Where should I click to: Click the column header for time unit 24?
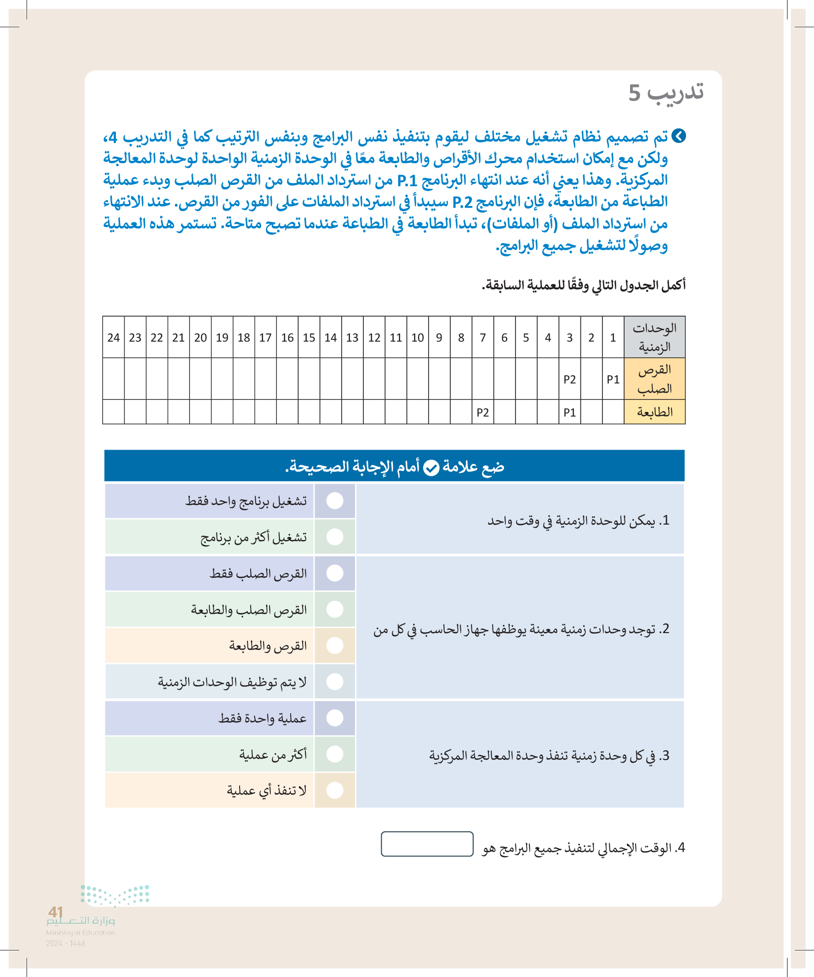point(113,337)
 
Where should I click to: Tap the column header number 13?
point(352,337)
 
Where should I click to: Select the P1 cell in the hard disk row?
point(613,379)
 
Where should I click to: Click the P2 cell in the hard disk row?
point(570,379)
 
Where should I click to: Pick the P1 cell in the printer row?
point(570,412)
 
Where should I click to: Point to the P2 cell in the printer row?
point(482,412)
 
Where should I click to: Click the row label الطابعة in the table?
point(654,412)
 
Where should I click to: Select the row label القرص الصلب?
point(654,379)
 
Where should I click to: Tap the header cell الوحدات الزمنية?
point(654,337)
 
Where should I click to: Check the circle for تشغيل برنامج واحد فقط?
point(335,501)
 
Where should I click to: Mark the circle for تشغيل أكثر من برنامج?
point(335,537)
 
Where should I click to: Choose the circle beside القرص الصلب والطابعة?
point(335,609)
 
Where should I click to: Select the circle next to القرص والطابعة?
point(335,646)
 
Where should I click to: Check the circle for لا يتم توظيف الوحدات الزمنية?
point(335,681)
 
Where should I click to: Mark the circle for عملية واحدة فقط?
point(335,718)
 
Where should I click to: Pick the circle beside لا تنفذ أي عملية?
point(335,790)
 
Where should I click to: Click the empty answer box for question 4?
point(427,844)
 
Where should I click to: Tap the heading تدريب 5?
point(665,92)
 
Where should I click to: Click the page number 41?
point(55,911)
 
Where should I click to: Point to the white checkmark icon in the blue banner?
point(431,467)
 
